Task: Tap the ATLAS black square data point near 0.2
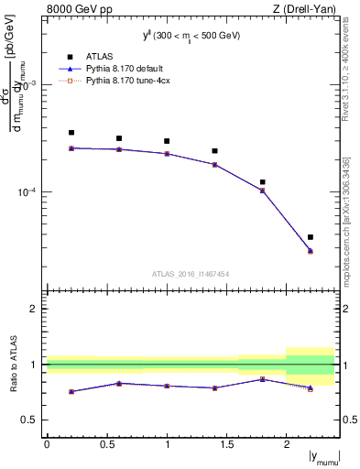point(71,133)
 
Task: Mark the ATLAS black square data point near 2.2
point(311,237)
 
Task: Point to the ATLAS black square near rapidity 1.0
point(167,141)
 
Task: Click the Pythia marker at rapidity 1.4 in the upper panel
point(214,165)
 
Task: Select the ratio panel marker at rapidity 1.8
point(263,379)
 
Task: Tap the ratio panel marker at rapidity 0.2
point(71,391)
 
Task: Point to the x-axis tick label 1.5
point(226,443)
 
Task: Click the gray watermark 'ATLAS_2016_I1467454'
point(191,273)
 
